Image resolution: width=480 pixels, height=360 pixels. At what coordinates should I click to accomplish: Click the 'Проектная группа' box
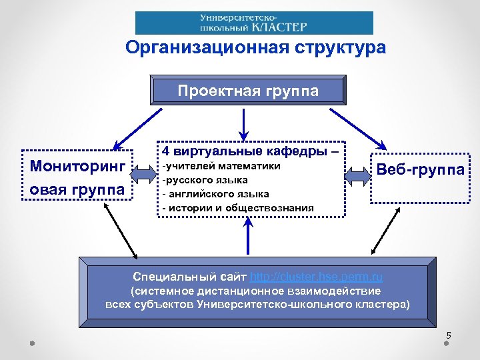coord(248,91)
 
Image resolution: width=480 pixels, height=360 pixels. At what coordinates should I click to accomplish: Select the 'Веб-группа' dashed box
coord(420,171)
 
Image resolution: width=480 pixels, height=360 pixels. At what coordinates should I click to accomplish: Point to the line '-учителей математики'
coord(222,166)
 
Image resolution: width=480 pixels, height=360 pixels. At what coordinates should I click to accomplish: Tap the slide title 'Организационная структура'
coord(255,48)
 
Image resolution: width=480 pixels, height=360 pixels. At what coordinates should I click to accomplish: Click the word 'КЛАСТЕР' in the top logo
coord(281,27)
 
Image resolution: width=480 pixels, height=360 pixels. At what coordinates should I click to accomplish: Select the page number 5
coord(449,335)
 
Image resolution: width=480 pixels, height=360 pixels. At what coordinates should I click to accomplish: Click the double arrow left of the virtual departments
coord(145,175)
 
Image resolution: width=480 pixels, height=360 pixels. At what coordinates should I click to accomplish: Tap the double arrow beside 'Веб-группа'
coord(358,175)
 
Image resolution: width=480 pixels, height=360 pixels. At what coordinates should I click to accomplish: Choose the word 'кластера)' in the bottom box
coord(386,305)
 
